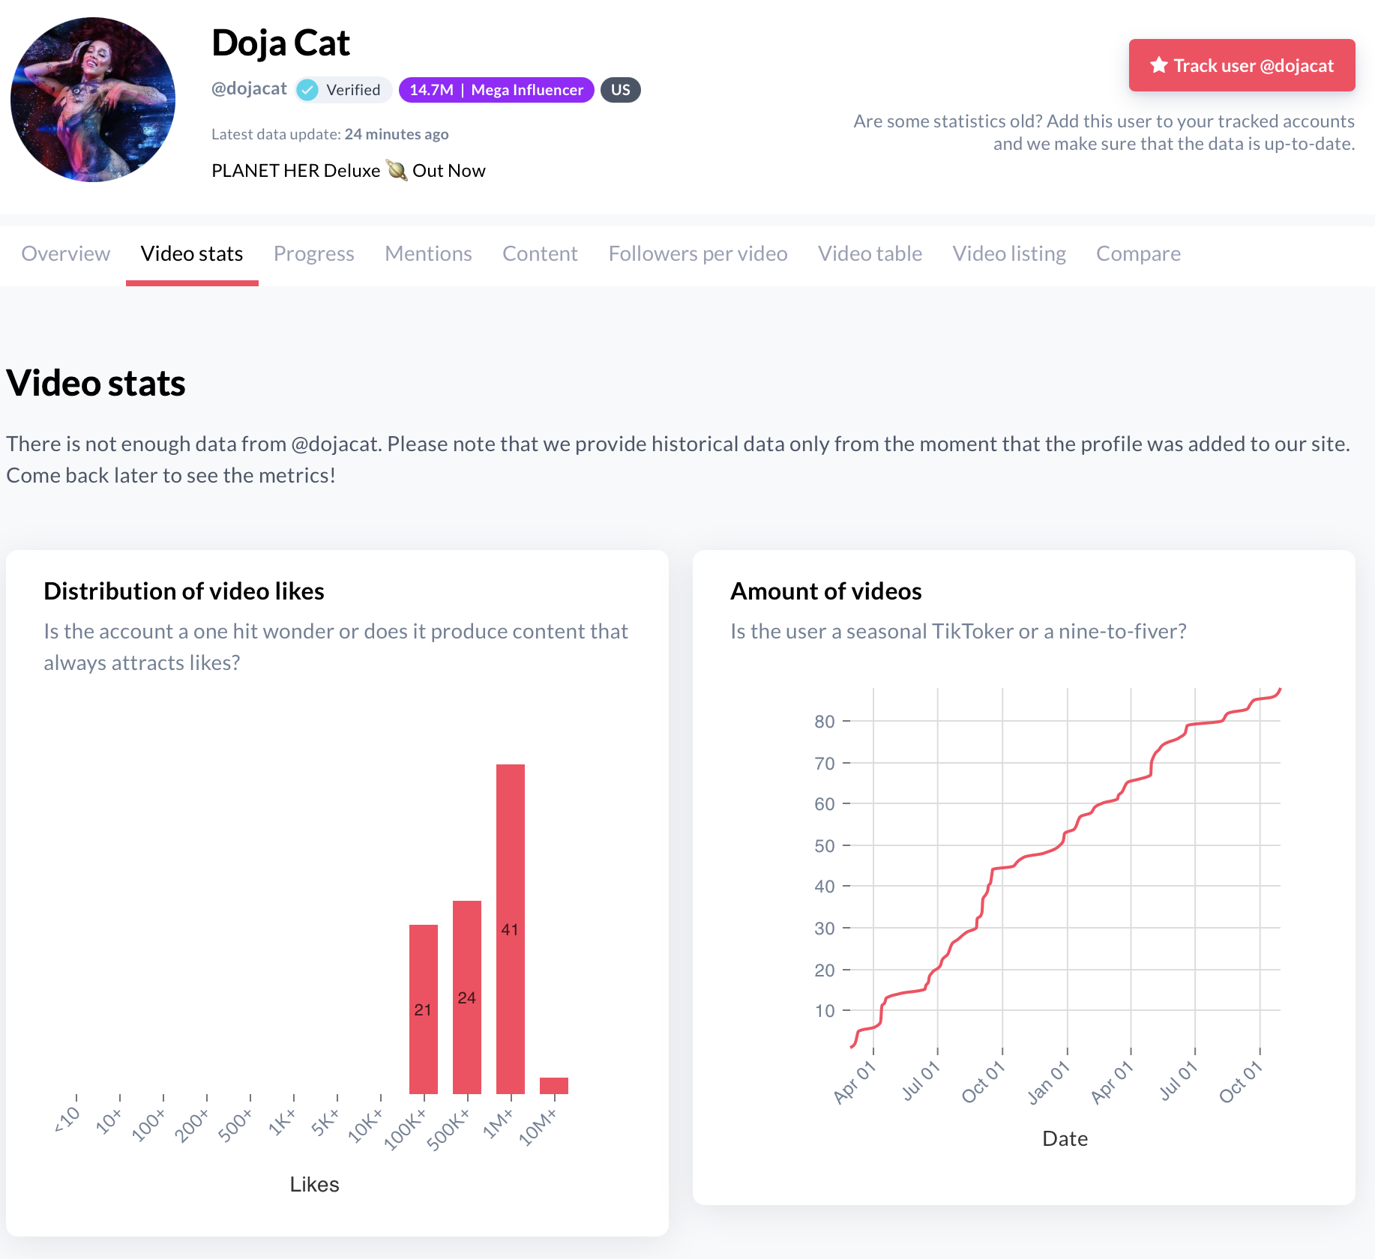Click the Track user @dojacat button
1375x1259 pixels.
[1242, 66]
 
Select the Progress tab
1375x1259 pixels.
[313, 254]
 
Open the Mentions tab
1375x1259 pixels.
[428, 254]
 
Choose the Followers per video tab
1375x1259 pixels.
[697, 254]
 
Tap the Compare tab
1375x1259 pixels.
[1137, 254]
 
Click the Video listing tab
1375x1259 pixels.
[1008, 254]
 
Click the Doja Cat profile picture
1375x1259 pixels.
[93, 100]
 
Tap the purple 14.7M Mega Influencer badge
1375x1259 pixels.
[496, 90]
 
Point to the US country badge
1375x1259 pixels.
[620, 90]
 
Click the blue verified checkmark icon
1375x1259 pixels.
[307, 90]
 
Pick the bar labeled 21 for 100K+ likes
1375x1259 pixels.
[423, 1009]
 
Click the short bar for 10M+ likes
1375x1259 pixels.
[553, 1085]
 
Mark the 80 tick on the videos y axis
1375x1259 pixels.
[824, 722]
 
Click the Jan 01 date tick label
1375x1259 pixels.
[1048, 1083]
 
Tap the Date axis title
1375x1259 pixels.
[1065, 1138]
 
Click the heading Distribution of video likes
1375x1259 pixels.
[184, 591]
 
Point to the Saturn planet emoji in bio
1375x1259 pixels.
[397, 171]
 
